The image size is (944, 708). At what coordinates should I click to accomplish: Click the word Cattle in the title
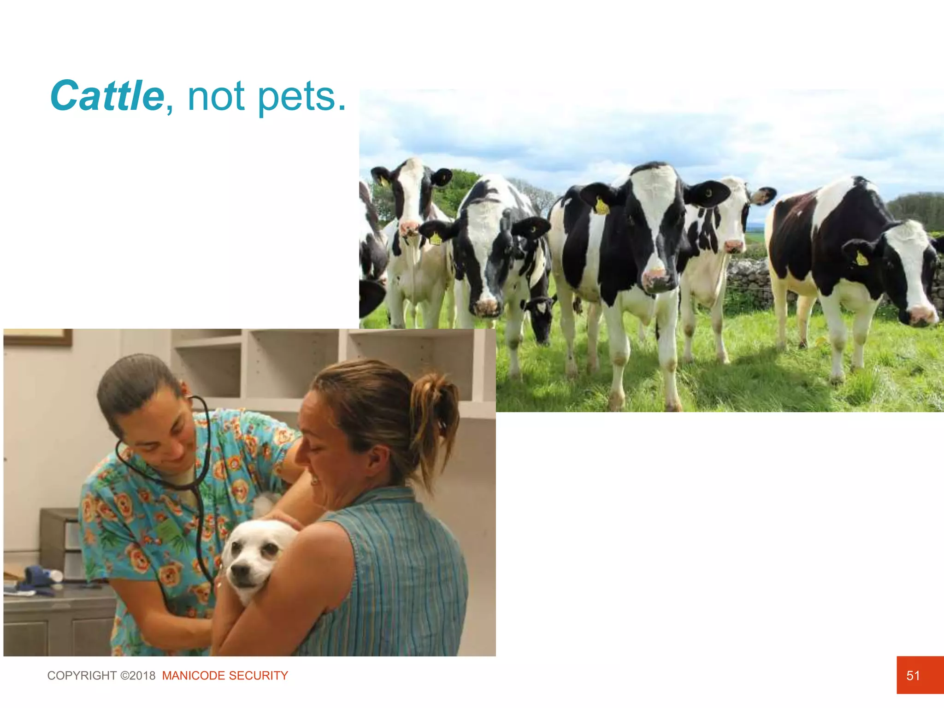pyautogui.click(x=107, y=96)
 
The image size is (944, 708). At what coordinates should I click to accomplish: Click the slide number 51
pyautogui.click(x=913, y=675)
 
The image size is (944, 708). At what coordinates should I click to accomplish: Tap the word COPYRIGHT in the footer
pyautogui.click(x=82, y=675)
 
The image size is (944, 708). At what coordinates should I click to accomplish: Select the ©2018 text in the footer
pyautogui.click(x=138, y=675)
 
